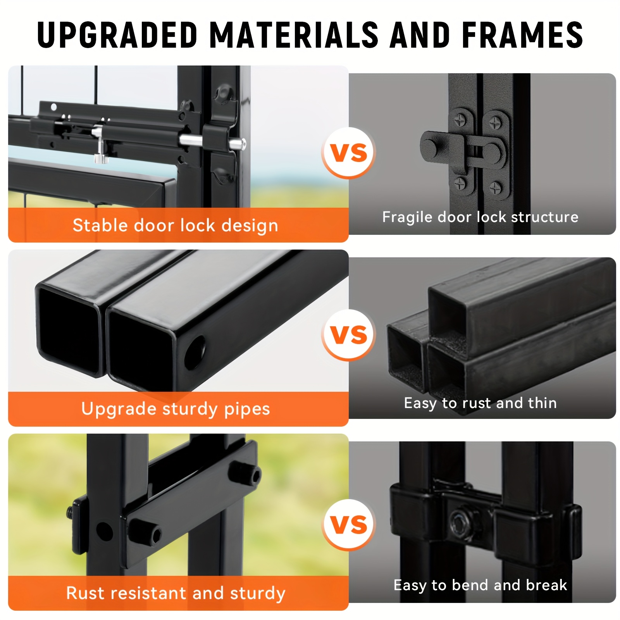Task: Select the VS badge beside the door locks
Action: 349,153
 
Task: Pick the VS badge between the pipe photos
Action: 349,335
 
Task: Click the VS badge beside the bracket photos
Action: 349,525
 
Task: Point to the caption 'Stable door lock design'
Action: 176,226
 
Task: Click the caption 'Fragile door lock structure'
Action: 480,217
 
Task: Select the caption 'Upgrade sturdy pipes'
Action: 176,409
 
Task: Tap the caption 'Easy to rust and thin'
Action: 480,403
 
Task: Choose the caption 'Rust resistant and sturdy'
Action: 176,593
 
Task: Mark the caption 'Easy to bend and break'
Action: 480,585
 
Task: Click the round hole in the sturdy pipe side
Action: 195,353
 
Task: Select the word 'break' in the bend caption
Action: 546,585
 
